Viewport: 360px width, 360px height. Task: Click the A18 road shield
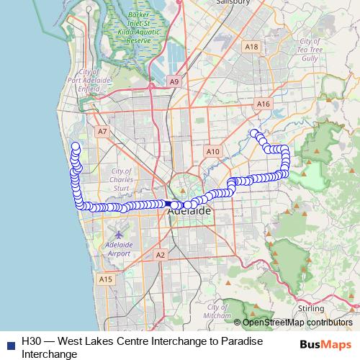(x=251, y=47)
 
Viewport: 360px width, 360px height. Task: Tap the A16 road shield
(x=263, y=104)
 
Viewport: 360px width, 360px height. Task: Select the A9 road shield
(x=174, y=83)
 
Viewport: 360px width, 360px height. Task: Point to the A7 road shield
(x=102, y=132)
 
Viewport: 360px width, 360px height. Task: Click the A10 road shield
(x=212, y=152)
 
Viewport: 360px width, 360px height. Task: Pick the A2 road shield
(x=160, y=255)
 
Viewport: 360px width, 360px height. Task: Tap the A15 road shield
(x=107, y=279)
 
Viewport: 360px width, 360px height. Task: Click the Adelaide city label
(x=189, y=212)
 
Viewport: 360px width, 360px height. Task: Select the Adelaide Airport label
(x=119, y=249)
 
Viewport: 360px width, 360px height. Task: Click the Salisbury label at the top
(x=232, y=2)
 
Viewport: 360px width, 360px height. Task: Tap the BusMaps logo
(x=324, y=343)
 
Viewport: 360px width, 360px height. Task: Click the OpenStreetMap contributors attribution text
(x=297, y=323)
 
